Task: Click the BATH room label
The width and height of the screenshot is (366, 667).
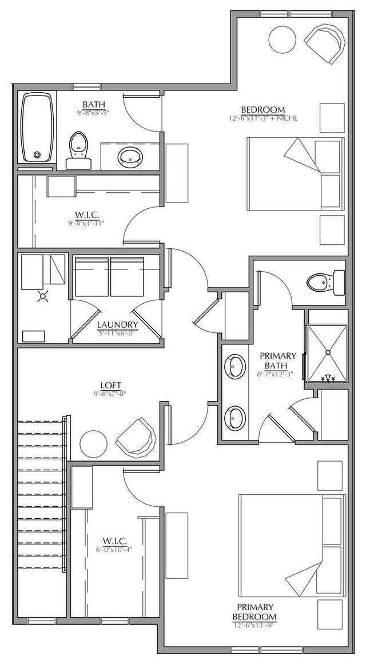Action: (x=92, y=104)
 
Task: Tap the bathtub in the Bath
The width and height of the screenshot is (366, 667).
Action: (x=38, y=128)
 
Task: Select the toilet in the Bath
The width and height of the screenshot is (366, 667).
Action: (x=78, y=149)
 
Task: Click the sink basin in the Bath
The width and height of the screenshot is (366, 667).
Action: (x=132, y=155)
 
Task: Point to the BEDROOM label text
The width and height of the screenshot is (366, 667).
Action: (x=262, y=110)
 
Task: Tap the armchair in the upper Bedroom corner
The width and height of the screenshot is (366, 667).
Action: (x=324, y=39)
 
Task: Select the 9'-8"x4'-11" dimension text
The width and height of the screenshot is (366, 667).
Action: (x=87, y=223)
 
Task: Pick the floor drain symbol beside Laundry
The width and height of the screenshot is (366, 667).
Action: (x=42, y=297)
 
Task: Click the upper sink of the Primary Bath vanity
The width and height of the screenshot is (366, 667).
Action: (x=235, y=366)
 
